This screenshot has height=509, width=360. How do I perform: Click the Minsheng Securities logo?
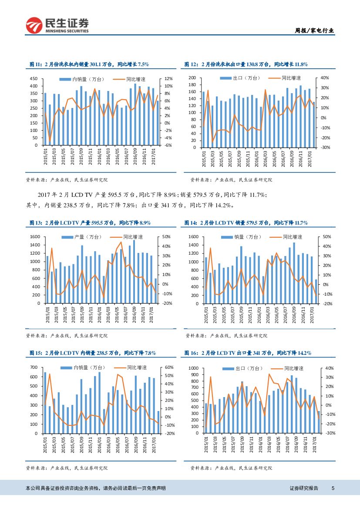57,25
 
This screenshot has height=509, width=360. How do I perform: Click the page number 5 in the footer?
333,488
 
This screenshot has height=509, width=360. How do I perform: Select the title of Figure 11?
89,64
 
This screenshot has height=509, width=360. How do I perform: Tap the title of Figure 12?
246,64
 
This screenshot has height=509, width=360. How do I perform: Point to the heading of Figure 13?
90,222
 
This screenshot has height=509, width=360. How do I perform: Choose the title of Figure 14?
247,222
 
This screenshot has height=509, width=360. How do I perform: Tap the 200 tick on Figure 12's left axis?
192,78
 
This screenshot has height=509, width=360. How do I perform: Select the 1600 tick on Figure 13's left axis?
34,236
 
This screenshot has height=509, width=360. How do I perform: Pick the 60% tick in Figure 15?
169,367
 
